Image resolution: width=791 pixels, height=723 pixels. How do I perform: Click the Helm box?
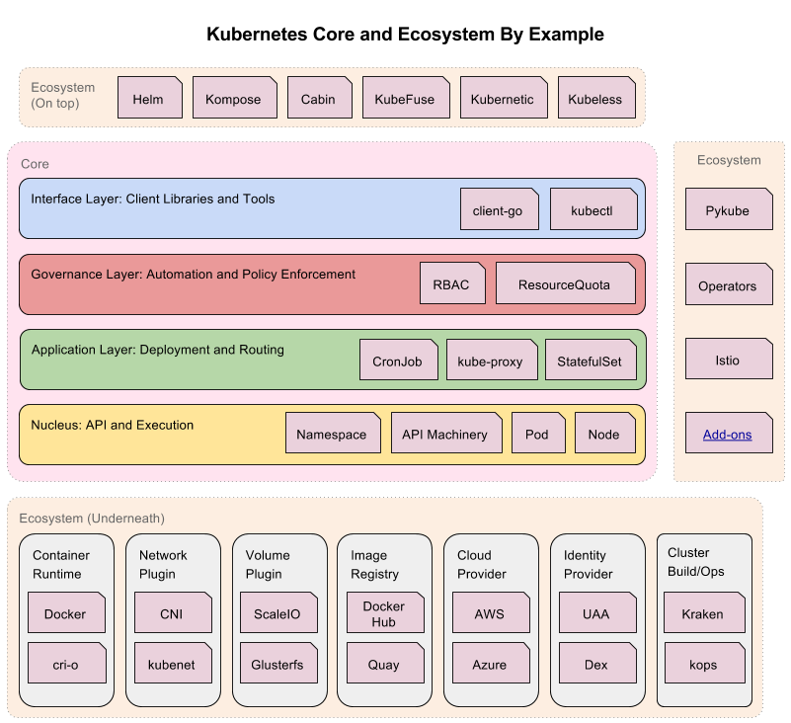click(x=149, y=99)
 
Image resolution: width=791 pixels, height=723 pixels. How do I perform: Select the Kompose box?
click(x=233, y=99)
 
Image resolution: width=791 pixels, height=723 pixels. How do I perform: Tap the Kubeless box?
click(x=595, y=99)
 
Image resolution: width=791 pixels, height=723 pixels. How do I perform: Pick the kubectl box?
click(x=593, y=210)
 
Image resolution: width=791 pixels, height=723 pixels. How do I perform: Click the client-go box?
click(x=499, y=210)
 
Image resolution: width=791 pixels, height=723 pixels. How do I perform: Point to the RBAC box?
click(x=452, y=284)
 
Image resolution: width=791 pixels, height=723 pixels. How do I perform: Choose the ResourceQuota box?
click(x=565, y=284)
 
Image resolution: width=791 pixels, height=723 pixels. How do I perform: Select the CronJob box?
click(x=398, y=361)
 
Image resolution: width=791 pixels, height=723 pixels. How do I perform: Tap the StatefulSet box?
click(x=590, y=361)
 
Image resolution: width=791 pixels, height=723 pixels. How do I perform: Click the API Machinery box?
click(x=445, y=434)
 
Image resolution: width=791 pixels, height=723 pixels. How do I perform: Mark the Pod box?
click(x=537, y=434)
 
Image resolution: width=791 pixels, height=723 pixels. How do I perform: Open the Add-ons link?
click(x=728, y=435)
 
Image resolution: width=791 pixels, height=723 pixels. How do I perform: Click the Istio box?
click(x=728, y=359)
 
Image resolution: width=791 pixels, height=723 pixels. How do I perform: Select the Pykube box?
click(x=728, y=210)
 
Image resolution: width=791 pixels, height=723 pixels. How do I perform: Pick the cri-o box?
click(x=66, y=664)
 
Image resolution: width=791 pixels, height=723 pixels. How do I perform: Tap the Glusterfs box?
click(x=277, y=664)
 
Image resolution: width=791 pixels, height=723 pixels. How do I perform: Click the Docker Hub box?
click(x=384, y=614)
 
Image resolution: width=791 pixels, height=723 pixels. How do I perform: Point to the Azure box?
click(x=490, y=664)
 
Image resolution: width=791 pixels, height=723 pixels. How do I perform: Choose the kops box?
click(x=703, y=664)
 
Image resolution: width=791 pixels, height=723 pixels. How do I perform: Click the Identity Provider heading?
click(x=589, y=564)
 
